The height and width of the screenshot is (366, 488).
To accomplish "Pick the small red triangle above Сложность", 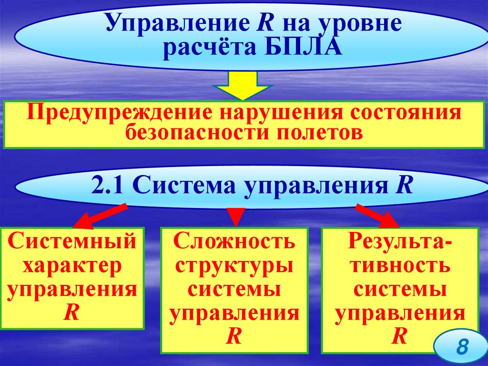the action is [x=234, y=216].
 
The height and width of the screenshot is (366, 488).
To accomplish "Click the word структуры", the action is [x=234, y=266].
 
